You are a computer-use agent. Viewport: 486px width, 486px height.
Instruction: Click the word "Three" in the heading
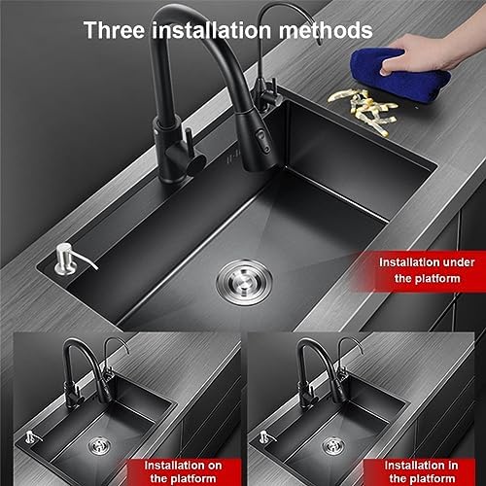coord(114,30)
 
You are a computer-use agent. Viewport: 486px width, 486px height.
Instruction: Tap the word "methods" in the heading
coord(326,30)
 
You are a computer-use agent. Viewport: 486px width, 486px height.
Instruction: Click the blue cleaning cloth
coord(400,74)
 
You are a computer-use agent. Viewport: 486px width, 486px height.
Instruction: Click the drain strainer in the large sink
coord(244,282)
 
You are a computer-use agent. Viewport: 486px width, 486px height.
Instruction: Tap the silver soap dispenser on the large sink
coord(70,260)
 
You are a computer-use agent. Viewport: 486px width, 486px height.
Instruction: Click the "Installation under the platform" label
coord(427,270)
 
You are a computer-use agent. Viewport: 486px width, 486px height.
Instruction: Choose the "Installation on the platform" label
coord(183,471)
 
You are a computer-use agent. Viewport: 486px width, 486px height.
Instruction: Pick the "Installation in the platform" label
coord(422,471)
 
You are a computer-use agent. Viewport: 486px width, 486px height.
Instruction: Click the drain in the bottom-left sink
coord(100,445)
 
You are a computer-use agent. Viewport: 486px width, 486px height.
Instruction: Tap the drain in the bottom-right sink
coord(333,445)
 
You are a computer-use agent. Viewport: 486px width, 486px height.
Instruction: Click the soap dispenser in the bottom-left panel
coord(32,436)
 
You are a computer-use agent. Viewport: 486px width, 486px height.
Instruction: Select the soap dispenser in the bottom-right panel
coord(265,436)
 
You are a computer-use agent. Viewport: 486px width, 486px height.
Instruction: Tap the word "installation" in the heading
coord(211,30)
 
